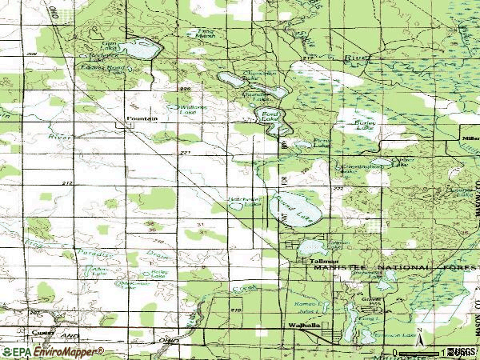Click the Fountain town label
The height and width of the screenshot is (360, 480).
tap(142, 118)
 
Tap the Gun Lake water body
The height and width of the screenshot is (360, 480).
tap(142, 50)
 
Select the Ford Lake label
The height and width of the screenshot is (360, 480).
tap(272, 114)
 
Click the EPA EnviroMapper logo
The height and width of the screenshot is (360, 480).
tap(53, 351)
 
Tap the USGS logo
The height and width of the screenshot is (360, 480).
tap(462, 351)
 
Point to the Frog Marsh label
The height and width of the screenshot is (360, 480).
tap(207, 34)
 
